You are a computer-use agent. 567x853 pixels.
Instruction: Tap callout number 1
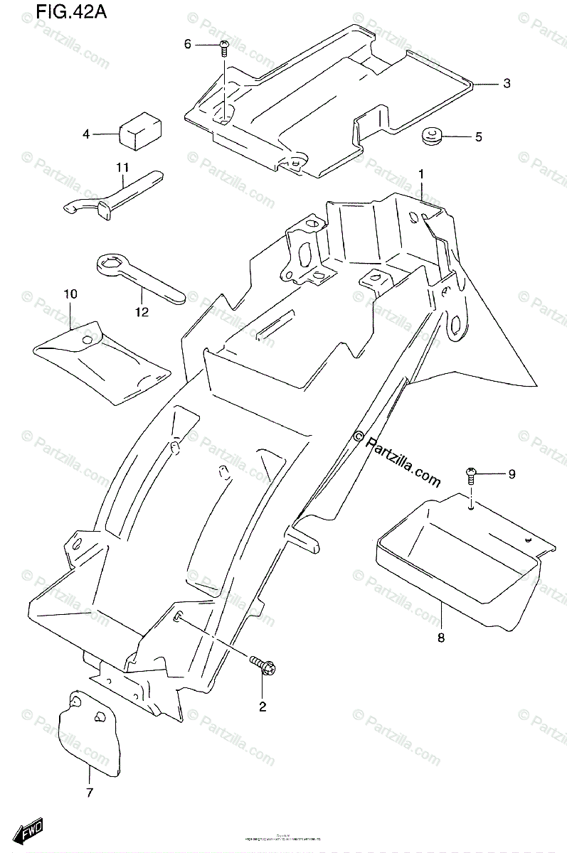[421, 174]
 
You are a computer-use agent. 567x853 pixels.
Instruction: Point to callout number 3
[506, 84]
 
